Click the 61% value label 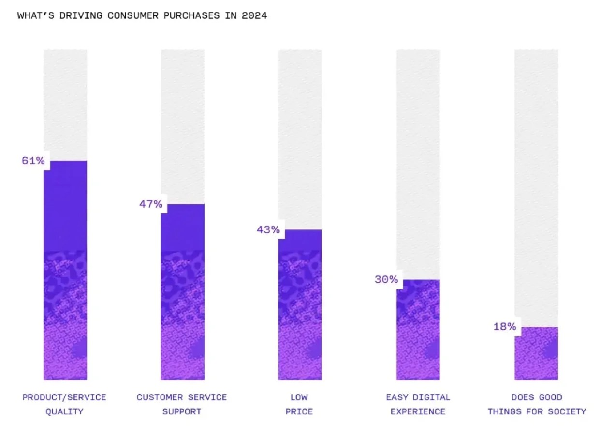33,161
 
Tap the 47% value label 150,204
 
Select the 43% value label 268,229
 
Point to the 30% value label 386,279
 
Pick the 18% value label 504,327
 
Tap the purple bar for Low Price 300,304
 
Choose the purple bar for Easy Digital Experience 418,330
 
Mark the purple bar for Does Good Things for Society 536,353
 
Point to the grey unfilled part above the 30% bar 418,165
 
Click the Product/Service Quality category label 64,404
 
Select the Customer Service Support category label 181,404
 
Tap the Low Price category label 299,404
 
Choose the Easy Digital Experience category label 418,404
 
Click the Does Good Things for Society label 536,404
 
